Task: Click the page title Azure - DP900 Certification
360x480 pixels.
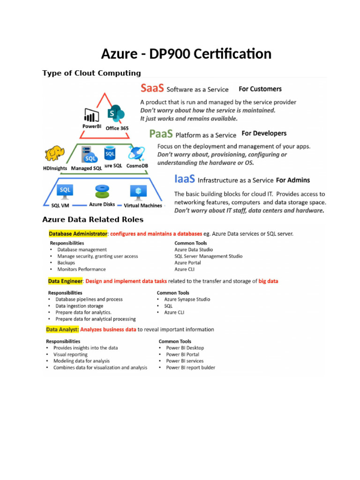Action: (x=186, y=54)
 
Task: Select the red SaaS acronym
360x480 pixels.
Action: (x=152, y=88)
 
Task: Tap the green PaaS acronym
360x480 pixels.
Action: (x=160, y=134)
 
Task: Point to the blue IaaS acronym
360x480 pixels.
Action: (x=185, y=179)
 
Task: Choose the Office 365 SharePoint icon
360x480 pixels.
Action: (x=115, y=114)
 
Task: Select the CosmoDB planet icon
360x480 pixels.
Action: (x=137, y=153)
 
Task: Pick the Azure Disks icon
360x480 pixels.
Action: (x=102, y=192)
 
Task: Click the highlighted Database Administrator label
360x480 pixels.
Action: (x=78, y=233)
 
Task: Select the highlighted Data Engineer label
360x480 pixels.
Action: (x=65, y=281)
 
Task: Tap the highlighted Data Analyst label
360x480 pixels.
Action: (x=62, y=330)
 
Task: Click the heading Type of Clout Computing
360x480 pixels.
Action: (x=91, y=73)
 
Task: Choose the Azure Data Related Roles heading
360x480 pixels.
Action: (x=93, y=219)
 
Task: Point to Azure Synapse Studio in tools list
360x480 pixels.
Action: (x=187, y=300)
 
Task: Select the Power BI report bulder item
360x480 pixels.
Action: (x=190, y=367)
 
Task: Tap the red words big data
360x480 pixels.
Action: (x=269, y=281)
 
